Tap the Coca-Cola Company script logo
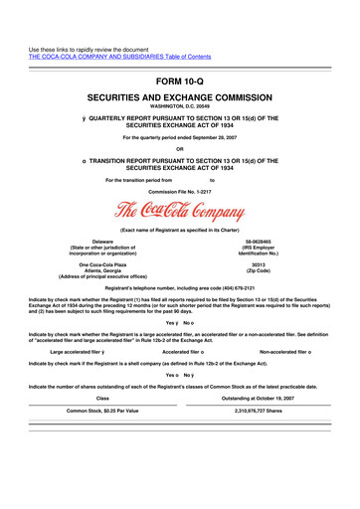180,212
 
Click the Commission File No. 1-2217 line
179,191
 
